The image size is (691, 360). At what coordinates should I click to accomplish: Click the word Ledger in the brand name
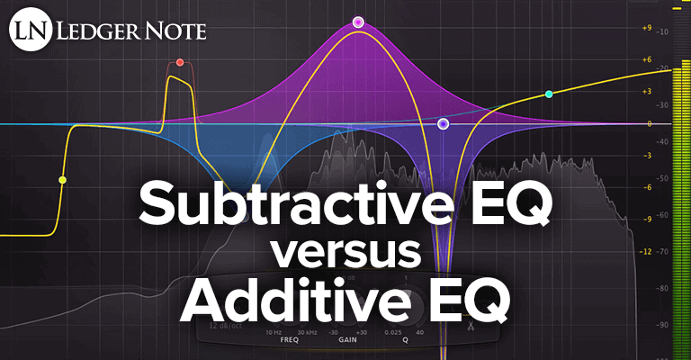pyautogui.click(x=90, y=32)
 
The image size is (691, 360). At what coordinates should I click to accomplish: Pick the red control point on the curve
pyautogui.click(x=180, y=63)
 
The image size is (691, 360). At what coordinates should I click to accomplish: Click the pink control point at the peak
pyautogui.click(x=358, y=21)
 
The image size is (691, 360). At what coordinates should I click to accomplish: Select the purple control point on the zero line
pyautogui.click(x=443, y=124)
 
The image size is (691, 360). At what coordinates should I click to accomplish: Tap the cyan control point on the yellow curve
pyautogui.click(x=549, y=94)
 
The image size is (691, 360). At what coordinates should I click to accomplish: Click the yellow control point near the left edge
pyautogui.click(x=62, y=180)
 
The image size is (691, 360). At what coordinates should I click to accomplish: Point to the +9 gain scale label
pyautogui.click(x=646, y=28)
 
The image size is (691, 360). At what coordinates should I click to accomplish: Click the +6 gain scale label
pyautogui.click(x=646, y=60)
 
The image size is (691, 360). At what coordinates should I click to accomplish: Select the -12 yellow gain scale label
pyautogui.click(x=645, y=251)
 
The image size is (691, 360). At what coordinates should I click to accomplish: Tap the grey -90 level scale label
pyautogui.click(x=663, y=325)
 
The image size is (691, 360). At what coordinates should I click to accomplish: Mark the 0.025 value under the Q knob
pyautogui.click(x=391, y=332)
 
